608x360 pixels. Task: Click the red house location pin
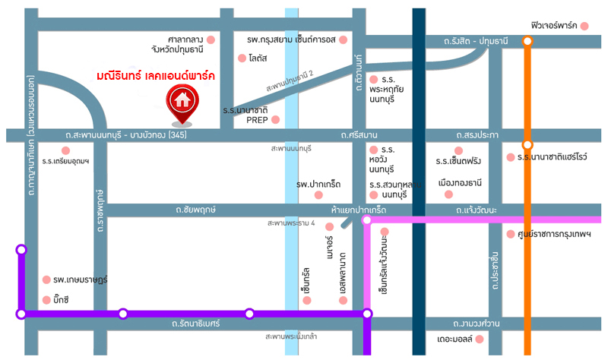click(x=182, y=102)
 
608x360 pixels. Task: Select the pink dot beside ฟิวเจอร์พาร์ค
click(x=584, y=26)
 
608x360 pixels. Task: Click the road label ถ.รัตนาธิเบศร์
click(x=195, y=324)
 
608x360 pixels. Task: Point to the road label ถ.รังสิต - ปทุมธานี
click(x=476, y=41)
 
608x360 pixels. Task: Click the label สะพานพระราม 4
click(x=290, y=223)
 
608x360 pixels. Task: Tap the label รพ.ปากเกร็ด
click(x=318, y=184)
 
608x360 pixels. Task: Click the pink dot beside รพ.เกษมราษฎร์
click(x=46, y=279)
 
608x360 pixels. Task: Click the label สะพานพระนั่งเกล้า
click(x=292, y=336)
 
